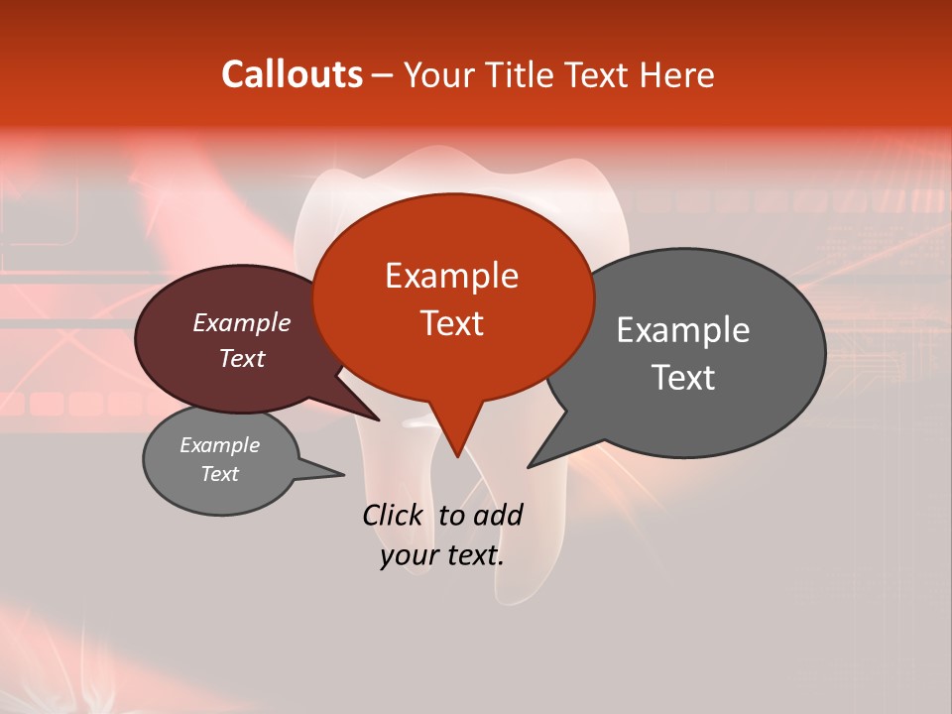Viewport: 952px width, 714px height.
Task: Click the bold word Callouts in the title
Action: [292, 74]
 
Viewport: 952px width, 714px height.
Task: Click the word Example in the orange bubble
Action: [451, 276]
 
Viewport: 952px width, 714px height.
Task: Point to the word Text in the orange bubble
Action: [451, 323]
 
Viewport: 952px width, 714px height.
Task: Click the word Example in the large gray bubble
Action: [683, 330]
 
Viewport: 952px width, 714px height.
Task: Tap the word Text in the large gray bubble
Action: [683, 378]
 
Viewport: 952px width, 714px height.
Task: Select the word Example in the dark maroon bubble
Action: [241, 322]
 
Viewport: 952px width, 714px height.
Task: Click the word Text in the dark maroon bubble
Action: [241, 358]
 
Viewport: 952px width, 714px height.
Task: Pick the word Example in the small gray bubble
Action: [219, 445]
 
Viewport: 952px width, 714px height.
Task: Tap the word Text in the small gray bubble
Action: [219, 474]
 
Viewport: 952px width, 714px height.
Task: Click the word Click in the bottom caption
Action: [392, 515]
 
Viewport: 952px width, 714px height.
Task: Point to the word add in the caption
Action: [499, 515]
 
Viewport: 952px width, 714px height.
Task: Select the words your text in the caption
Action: [441, 556]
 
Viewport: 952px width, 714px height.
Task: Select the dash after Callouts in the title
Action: [384, 75]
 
